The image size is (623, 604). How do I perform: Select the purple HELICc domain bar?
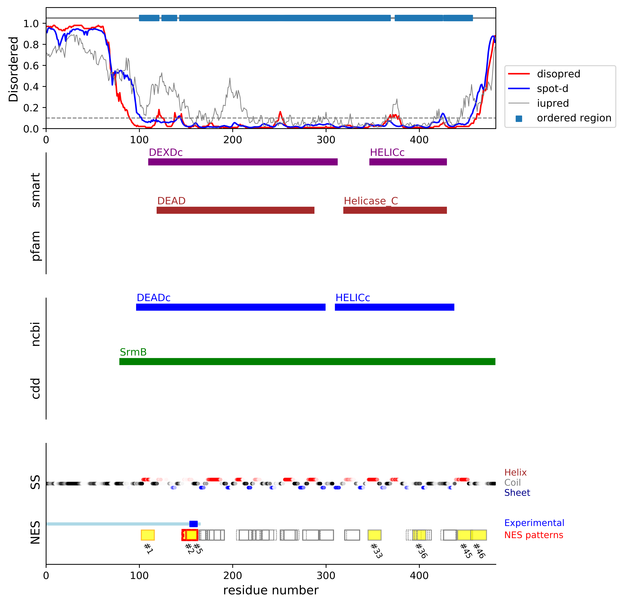pos(408,162)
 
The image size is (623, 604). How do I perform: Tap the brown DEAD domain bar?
pos(235,210)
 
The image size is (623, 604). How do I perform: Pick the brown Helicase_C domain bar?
pos(395,210)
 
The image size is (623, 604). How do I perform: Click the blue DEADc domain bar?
pos(230,307)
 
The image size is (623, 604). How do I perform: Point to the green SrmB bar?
pos(307,361)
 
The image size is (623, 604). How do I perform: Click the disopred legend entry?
pos(558,74)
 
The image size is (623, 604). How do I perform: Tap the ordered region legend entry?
pos(574,118)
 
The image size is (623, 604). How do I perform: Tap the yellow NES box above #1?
pos(148,535)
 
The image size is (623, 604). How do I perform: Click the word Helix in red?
pos(515,473)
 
